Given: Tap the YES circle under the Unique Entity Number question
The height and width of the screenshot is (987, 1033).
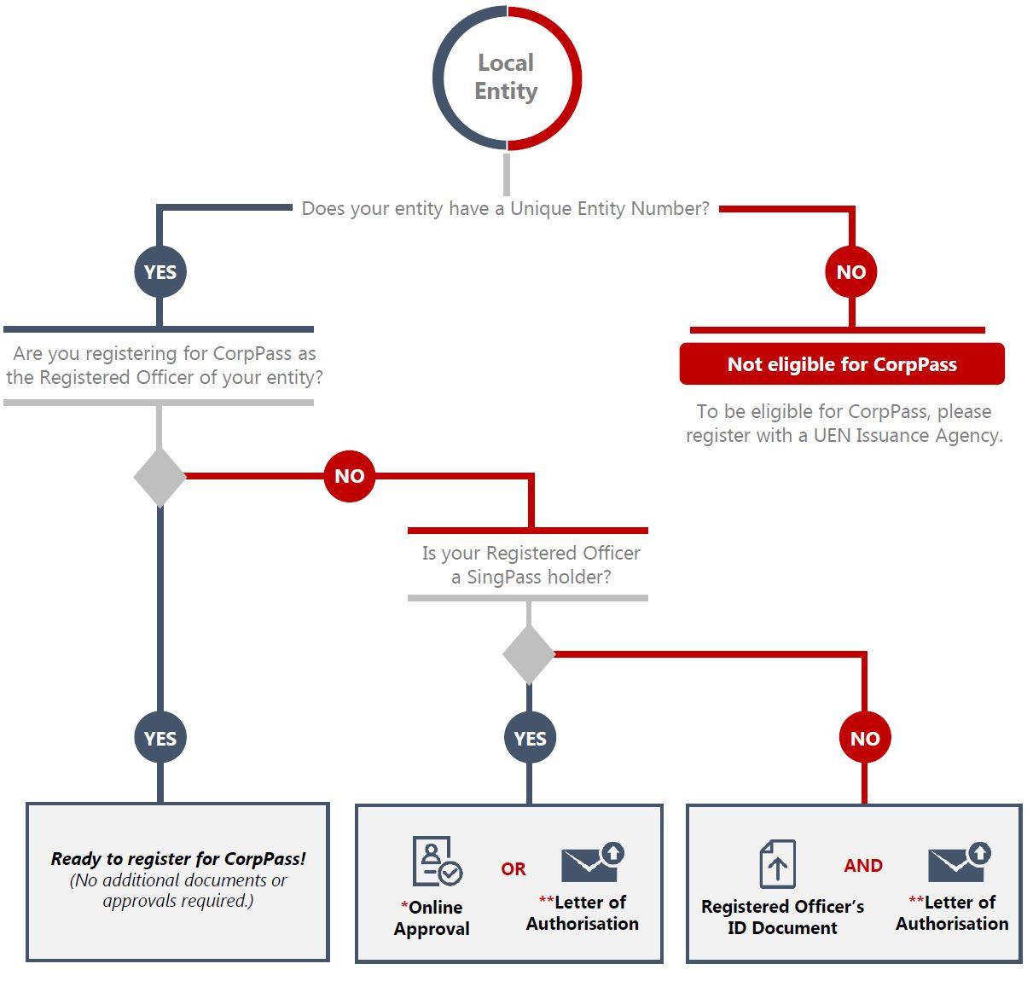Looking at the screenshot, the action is [160, 272].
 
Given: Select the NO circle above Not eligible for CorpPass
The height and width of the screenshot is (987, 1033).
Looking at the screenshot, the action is [851, 272].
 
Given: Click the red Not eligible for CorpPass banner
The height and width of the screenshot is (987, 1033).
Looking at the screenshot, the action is [842, 364].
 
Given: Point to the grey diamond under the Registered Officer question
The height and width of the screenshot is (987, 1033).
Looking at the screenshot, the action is [160, 478].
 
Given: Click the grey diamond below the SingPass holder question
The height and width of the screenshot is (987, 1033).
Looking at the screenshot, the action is [529, 654].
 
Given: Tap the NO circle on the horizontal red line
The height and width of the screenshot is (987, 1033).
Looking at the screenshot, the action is [349, 476].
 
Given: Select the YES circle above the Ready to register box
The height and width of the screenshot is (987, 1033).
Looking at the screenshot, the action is [160, 737].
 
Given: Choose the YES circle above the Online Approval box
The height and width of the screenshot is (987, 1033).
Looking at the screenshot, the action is [530, 737].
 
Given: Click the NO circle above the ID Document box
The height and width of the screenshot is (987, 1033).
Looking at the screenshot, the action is [865, 737].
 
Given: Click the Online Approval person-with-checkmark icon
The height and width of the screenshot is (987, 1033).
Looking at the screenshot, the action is [437, 861].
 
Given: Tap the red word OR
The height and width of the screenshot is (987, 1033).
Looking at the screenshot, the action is [514, 869].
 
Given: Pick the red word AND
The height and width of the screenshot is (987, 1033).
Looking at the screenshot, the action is [863, 866].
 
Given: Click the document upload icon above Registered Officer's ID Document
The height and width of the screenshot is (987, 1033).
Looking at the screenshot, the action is [778, 864].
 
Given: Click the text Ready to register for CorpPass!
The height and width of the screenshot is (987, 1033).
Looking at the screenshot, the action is [178, 859].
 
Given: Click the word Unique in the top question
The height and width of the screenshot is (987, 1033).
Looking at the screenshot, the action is [541, 209].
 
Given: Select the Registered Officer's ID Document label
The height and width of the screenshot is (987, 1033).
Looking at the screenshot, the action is [782, 917].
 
